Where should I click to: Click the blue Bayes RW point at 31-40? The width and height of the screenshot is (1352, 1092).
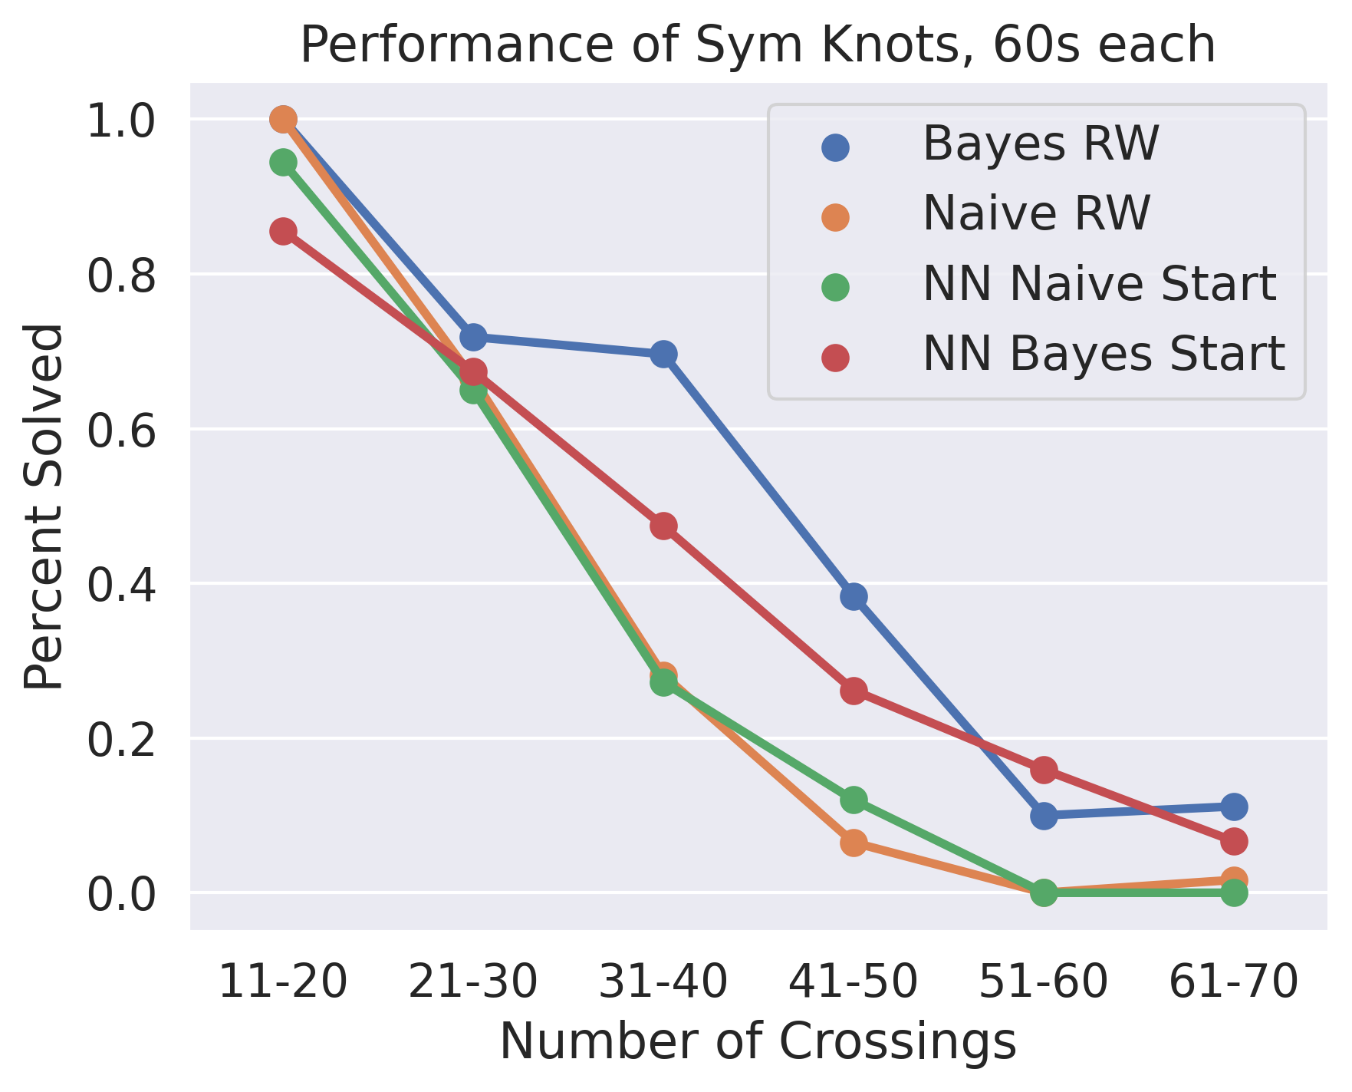point(663,354)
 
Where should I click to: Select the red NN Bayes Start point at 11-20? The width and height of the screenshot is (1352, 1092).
point(283,231)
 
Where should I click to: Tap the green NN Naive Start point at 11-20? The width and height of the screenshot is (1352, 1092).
point(283,162)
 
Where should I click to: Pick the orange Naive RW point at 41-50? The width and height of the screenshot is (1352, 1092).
point(854,843)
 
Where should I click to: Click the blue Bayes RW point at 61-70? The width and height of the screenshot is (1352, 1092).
point(1233,807)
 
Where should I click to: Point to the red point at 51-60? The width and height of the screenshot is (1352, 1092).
point(1044,770)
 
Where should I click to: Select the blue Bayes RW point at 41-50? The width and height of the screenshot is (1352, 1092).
point(854,596)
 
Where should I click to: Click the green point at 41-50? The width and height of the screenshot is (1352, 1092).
point(854,800)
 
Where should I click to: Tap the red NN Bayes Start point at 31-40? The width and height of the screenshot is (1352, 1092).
point(663,526)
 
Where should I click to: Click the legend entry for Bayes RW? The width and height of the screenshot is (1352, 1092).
point(1040,144)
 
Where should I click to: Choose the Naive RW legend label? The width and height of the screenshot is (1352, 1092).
point(1036,213)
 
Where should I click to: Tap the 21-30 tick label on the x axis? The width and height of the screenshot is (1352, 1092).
point(473,981)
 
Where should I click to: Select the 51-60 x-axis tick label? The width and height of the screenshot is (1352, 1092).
point(1044,981)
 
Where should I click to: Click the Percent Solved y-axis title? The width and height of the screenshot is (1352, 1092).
point(42,506)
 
